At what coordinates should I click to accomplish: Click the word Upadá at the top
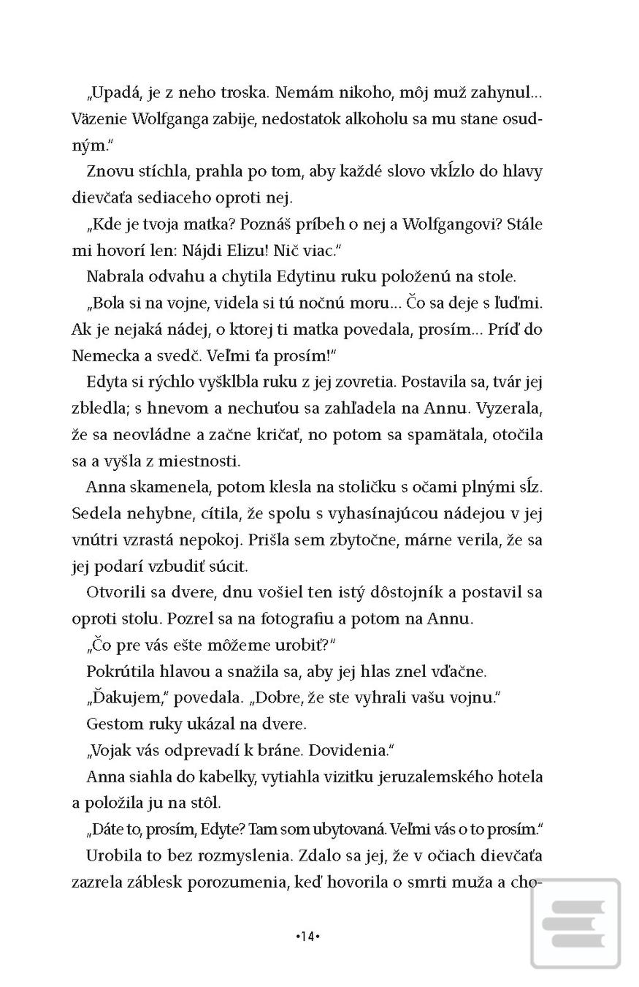[x=113, y=93]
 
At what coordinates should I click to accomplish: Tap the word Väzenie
[x=99, y=119]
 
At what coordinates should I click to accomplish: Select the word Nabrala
[x=114, y=276]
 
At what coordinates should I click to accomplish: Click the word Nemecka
[x=102, y=355]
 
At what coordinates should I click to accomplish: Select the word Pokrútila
[x=119, y=671]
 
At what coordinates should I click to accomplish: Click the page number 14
[x=308, y=936]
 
